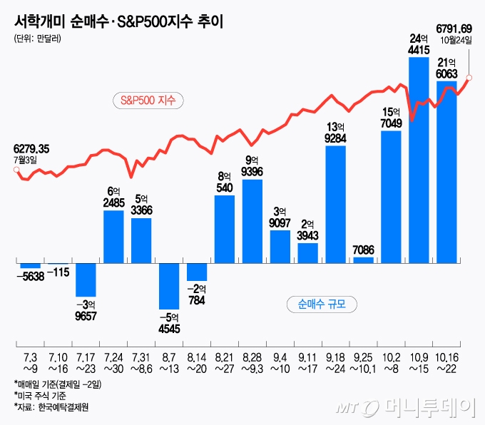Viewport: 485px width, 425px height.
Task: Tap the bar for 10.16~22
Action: pyautogui.click(x=446, y=171)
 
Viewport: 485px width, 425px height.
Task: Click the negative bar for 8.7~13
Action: pyautogui.click(x=169, y=285)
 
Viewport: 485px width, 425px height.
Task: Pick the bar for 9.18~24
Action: pyautogui.click(x=335, y=204)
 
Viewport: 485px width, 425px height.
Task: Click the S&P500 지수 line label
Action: pyautogui.click(x=148, y=101)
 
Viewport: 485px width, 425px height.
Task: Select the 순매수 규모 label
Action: pyautogui.click(x=322, y=305)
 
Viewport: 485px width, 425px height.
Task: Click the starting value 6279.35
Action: pyautogui.click(x=31, y=149)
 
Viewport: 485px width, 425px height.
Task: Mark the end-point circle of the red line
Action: pyautogui.click(x=469, y=78)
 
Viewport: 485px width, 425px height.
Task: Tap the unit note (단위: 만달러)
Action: pyautogui.click(x=37, y=39)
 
